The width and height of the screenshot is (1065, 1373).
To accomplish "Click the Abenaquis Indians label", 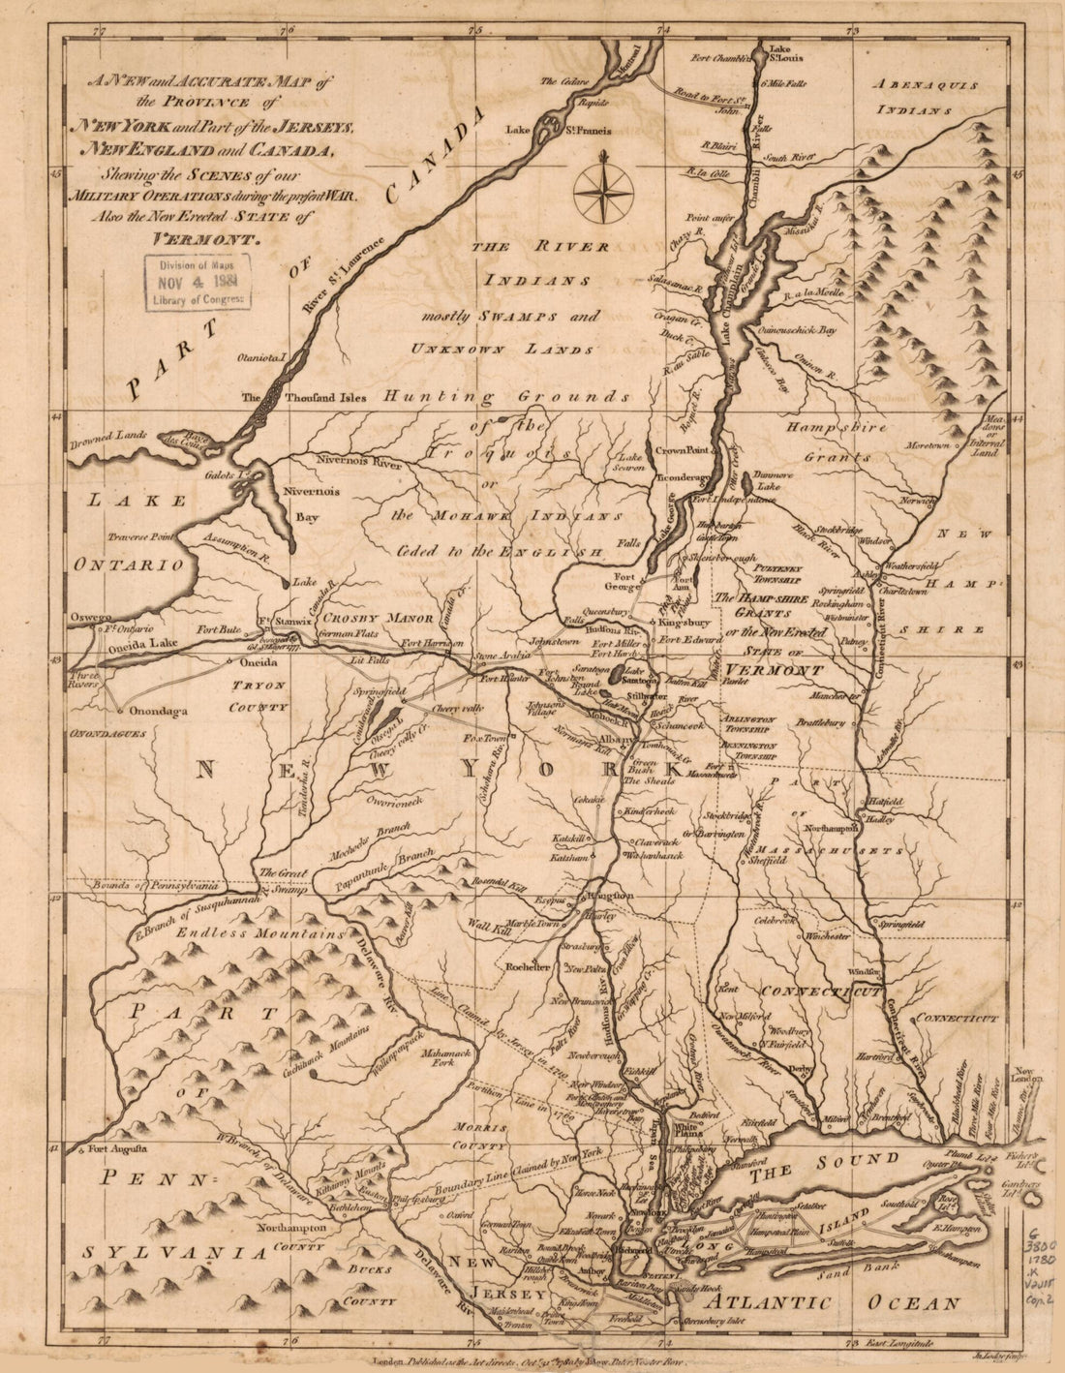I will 925,97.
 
